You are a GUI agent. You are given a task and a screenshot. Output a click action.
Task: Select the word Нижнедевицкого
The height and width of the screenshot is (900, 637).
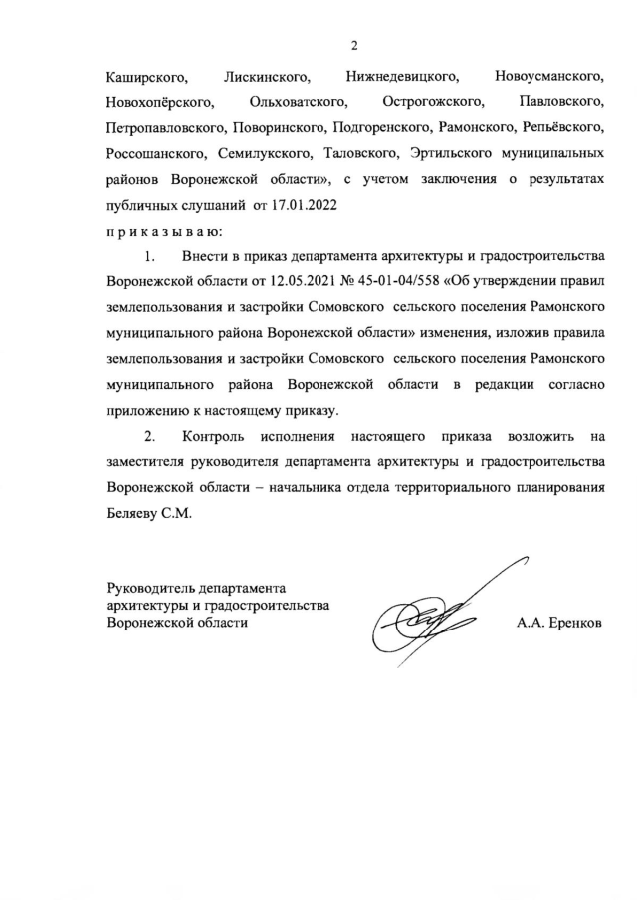tap(402, 76)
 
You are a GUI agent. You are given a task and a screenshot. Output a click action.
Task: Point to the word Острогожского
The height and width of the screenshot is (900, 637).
tap(432, 102)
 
